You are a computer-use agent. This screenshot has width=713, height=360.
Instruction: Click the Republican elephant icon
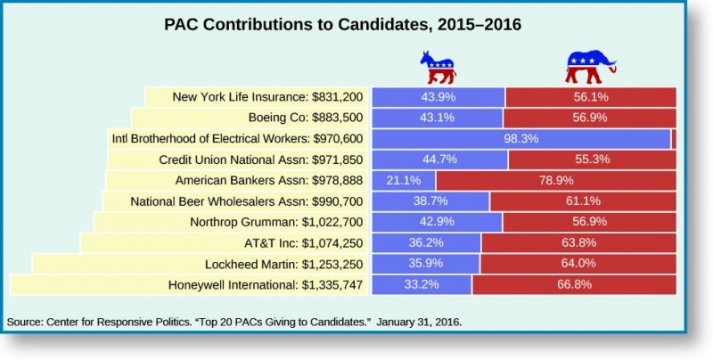click(589, 64)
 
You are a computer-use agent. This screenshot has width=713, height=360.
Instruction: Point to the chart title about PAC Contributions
click(342, 24)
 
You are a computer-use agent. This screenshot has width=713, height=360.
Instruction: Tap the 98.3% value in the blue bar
click(521, 138)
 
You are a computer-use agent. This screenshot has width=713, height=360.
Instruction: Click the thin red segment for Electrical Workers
click(674, 138)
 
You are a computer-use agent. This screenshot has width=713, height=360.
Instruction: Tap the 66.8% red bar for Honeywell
click(574, 285)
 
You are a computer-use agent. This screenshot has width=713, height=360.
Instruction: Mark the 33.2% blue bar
click(422, 285)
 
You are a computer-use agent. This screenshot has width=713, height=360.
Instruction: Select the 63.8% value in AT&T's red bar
click(577, 243)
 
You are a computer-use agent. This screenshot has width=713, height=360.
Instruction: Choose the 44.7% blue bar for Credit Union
click(439, 160)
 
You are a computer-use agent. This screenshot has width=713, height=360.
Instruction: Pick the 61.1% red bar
click(583, 201)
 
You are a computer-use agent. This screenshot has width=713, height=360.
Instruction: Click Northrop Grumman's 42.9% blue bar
click(437, 222)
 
